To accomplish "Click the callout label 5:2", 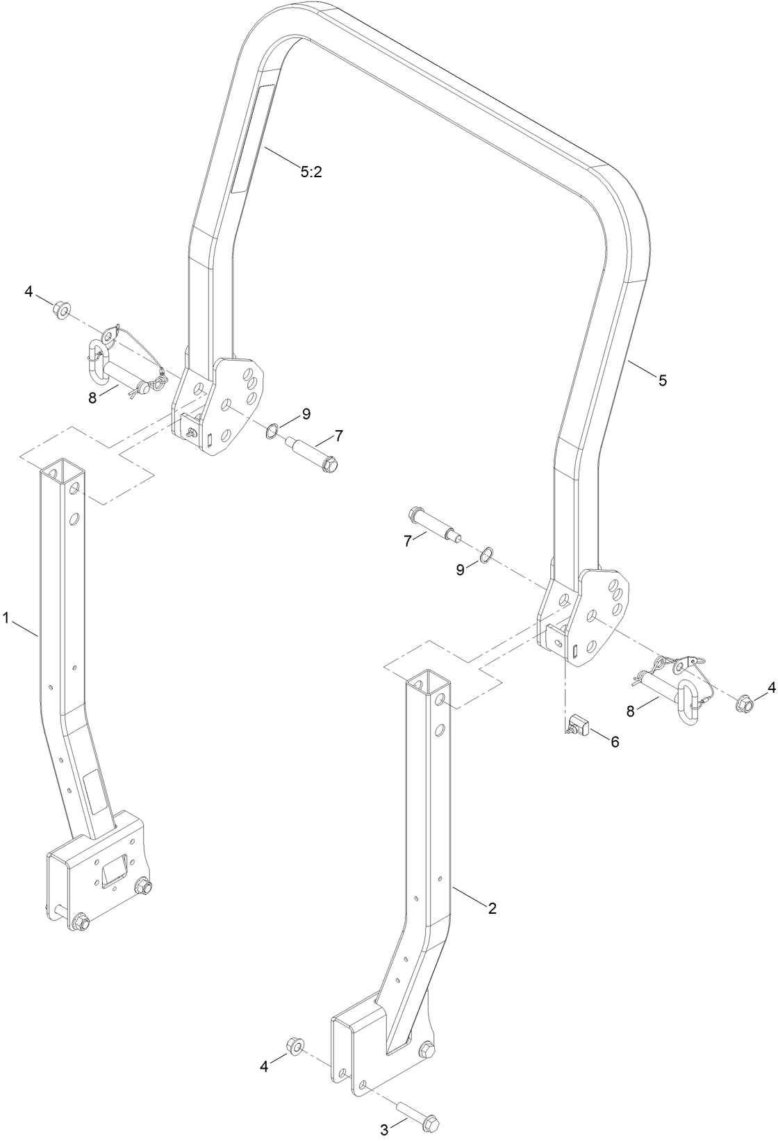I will click(311, 172).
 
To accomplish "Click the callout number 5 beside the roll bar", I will click(663, 380).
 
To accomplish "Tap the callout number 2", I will click(492, 908).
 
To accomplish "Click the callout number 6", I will click(613, 742).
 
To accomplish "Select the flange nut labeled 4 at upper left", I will click(60, 309).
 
